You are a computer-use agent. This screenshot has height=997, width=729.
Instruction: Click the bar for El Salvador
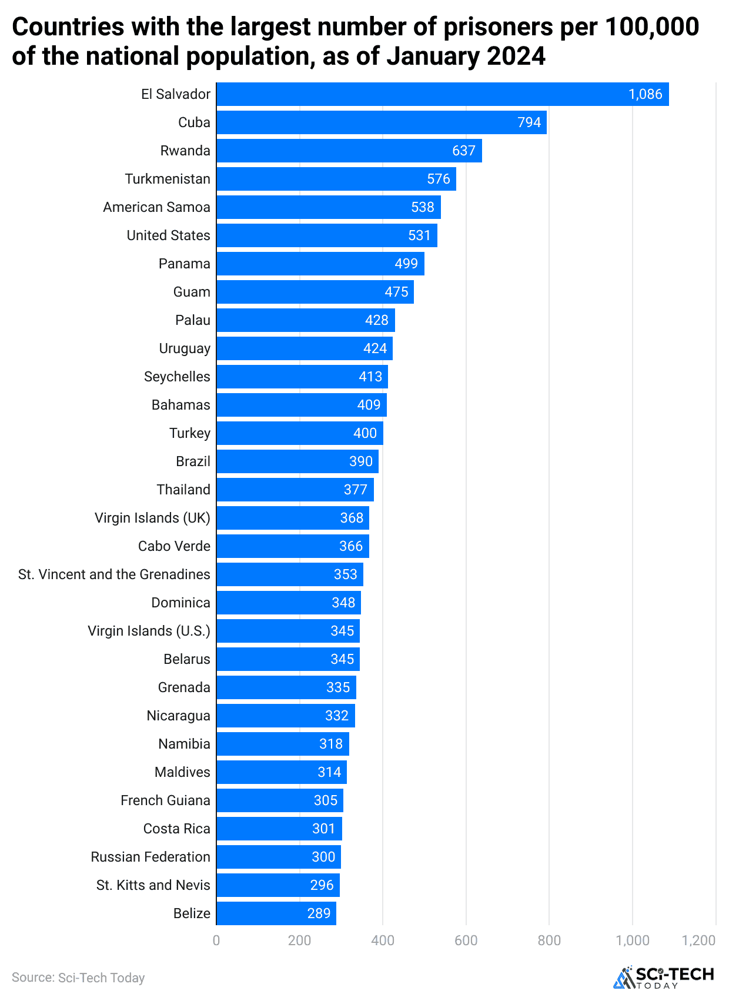[442, 94]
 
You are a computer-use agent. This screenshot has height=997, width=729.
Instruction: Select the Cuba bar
[381, 122]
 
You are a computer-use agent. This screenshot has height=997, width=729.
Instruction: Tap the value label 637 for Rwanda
[463, 151]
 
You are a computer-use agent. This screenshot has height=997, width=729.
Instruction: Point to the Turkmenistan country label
[168, 179]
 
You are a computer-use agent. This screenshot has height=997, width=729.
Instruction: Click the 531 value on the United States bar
[419, 235]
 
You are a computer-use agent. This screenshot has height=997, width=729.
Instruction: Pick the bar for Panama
[320, 264]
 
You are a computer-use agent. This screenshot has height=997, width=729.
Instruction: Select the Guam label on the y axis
[192, 292]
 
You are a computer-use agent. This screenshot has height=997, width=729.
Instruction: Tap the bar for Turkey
[299, 433]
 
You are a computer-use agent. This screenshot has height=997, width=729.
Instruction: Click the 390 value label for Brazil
[361, 461]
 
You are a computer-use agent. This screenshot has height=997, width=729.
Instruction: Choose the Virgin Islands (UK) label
[152, 518]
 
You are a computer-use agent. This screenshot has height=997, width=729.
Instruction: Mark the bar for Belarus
[287, 659]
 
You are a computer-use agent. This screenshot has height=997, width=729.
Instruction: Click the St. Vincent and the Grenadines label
[114, 574]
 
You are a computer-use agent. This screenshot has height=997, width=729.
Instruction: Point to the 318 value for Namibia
[330, 744]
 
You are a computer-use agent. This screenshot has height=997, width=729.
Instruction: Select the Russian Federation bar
[278, 857]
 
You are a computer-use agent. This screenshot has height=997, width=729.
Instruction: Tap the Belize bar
[276, 913]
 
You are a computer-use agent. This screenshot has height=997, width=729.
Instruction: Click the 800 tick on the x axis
[549, 940]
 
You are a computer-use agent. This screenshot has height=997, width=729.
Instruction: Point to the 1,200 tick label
[698, 940]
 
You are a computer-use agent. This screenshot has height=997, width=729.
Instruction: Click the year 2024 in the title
[516, 57]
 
